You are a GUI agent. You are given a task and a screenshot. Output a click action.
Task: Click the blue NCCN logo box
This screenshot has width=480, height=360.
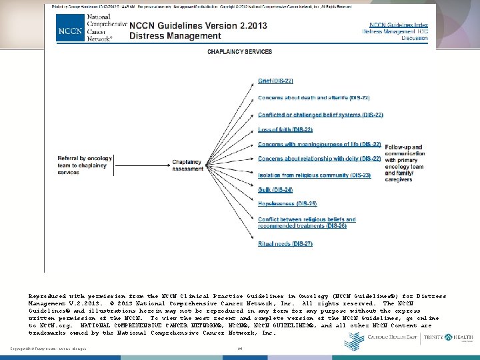pyautogui.click(x=70, y=31)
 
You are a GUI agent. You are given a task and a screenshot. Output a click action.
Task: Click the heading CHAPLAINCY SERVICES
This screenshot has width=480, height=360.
pyautogui.click(x=240, y=51)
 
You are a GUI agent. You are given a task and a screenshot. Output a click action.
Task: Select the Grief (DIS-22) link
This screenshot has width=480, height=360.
pyautogui.click(x=275, y=81)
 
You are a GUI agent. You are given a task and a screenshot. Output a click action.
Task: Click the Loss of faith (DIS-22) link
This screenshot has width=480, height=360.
pyautogui.click(x=285, y=129)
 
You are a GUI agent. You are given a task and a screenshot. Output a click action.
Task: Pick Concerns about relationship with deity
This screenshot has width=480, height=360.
pyautogui.click(x=319, y=159)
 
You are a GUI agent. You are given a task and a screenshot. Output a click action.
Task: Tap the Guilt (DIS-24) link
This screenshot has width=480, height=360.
pyautogui.click(x=275, y=190)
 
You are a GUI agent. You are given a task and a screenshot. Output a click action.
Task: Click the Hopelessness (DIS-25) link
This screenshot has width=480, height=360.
pyautogui.click(x=287, y=203)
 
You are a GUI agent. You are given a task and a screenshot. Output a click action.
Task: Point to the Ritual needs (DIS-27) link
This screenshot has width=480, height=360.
pyautogui.click(x=285, y=244)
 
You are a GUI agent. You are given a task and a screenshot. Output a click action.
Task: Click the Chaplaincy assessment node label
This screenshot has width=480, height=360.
pyautogui.click(x=188, y=165)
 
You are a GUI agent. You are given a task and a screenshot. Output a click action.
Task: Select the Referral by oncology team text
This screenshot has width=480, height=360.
pyautogui.click(x=81, y=165)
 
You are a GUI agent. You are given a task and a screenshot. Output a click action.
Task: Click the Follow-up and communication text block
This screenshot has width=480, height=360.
pyautogui.click(x=404, y=163)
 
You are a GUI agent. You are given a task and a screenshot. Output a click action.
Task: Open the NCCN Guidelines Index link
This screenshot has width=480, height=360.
pyautogui.click(x=395, y=24)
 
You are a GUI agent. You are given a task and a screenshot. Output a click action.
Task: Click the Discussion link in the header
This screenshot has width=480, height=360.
pyautogui.click(x=414, y=39)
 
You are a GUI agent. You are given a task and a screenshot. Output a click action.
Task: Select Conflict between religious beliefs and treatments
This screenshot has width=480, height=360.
pyautogui.click(x=307, y=223)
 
